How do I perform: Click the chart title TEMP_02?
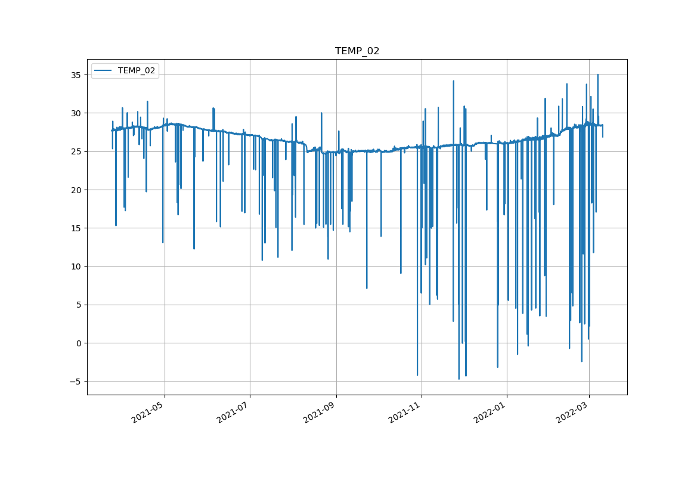pyautogui.click(x=357, y=51)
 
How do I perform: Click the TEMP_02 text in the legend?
pyautogui.click(x=137, y=70)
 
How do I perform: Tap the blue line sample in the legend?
pyautogui.click(x=104, y=70)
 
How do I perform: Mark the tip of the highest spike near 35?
pyautogui.click(x=597, y=75)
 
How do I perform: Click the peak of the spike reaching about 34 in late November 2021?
pyautogui.click(x=453, y=80)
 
